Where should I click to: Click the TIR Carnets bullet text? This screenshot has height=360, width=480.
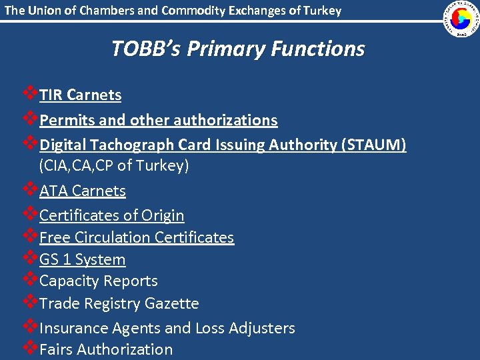[80, 95]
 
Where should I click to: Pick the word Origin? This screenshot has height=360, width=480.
[162, 215]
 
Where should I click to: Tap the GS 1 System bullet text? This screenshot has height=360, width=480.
[82, 259]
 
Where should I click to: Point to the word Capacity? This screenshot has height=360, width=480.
[69, 281]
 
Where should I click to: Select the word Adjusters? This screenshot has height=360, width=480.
[261, 328]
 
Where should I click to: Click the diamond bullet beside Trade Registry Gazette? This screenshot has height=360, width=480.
[29, 302]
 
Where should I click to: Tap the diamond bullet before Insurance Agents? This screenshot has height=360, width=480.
[29, 327]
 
